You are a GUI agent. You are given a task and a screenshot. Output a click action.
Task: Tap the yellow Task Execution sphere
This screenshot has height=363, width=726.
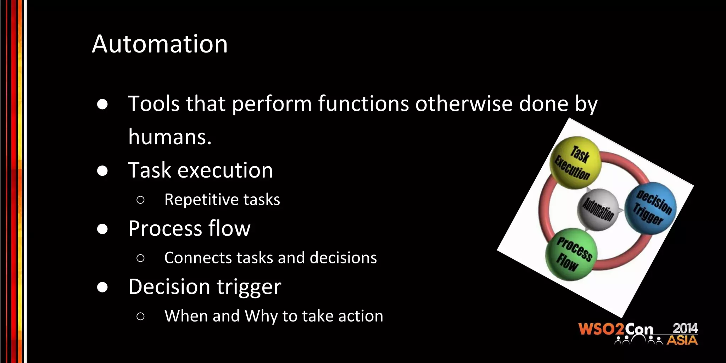(x=575, y=162)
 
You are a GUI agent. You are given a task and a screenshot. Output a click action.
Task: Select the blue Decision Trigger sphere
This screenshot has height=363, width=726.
(x=650, y=208)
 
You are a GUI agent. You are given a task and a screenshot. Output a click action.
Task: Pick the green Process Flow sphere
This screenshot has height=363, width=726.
(x=571, y=255)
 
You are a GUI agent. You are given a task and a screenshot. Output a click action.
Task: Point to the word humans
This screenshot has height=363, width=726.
(x=169, y=137)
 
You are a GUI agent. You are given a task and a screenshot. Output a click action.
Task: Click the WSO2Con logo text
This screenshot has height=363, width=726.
(x=615, y=329)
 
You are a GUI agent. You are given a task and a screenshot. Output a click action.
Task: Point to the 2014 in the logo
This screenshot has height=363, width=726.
(x=685, y=328)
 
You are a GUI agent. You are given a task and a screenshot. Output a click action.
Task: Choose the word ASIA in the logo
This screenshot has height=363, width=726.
(x=682, y=341)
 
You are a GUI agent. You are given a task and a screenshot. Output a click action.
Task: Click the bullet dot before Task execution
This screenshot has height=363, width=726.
(x=102, y=171)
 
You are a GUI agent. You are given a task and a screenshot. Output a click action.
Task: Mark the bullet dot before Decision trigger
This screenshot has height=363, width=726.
(x=102, y=287)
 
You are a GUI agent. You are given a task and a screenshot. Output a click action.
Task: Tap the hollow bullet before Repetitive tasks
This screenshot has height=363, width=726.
(x=140, y=200)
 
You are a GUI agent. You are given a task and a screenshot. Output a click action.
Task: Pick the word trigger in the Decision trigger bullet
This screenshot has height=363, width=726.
(x=249, y=287)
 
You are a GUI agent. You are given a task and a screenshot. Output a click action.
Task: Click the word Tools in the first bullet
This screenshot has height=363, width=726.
(x=154, y=104)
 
